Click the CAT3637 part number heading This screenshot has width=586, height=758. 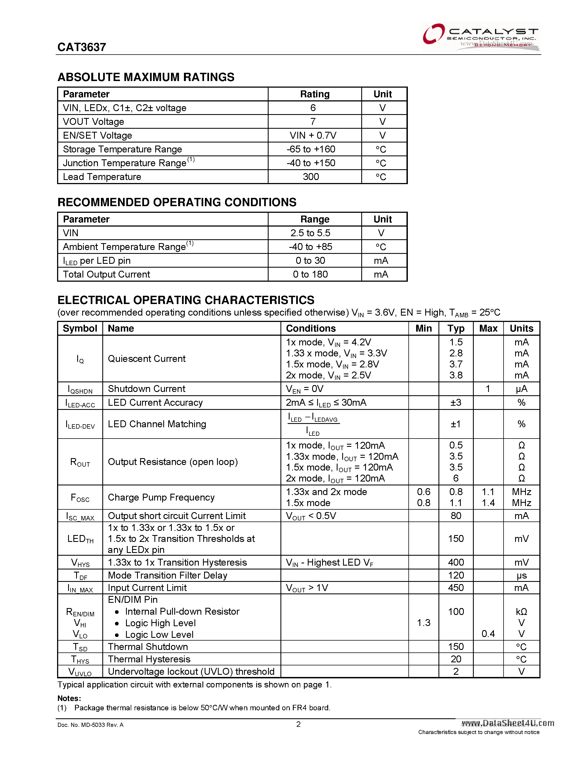tap(82, 47)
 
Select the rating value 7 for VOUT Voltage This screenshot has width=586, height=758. tap(313, 122)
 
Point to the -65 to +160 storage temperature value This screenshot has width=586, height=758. tap(311, 149)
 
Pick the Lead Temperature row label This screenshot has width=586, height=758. tap(102, 177)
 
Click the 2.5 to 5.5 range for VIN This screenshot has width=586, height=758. tap(310, 233)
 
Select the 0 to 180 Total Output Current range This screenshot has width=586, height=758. tap(310, 275)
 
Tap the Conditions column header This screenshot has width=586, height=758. tap(311, 328)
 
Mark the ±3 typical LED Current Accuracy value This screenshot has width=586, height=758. tap(456, 403)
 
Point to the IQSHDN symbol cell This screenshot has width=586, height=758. tap(80, 389)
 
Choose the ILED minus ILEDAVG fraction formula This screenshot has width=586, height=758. tap(313, 424)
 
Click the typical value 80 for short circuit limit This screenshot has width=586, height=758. tap(456, 516)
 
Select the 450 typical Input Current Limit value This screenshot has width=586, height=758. tap(456, 588)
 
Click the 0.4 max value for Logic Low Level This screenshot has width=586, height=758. tap(488, 634)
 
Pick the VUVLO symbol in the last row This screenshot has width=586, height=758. tap(80, 672)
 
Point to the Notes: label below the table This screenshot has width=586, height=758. tap(69, 698)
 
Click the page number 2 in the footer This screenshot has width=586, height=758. tap(298, 724)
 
